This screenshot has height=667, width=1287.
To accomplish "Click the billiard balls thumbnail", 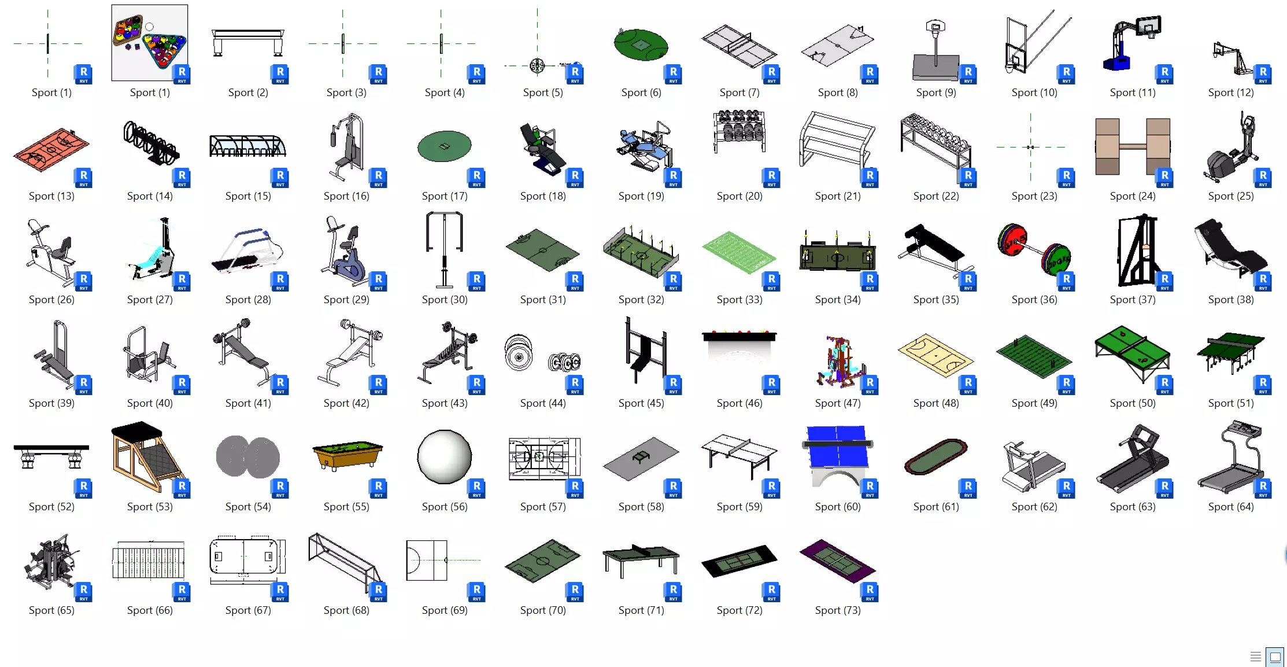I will click(149, 42).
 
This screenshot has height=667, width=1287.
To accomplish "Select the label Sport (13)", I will click(51, 196).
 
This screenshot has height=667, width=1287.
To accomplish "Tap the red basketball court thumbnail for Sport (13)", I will click(51, 149).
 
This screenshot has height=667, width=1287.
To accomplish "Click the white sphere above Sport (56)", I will click(444, 456).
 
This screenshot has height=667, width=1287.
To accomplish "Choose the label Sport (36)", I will click(1034, 300).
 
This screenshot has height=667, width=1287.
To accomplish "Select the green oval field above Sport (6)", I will click(641, 45).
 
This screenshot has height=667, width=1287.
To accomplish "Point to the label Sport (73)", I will click(837, 610).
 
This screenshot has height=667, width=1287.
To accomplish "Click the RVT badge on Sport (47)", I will click(870, 384).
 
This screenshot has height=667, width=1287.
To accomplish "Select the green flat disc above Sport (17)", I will click(444, 146).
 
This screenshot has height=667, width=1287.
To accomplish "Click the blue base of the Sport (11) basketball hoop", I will click(1116, 61).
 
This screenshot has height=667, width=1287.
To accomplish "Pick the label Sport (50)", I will click(1132, 403).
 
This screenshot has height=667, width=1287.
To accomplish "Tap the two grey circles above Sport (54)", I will click(247, 456).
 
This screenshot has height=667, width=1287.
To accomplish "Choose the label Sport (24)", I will click(1132, 196).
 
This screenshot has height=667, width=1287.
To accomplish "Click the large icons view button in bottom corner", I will click(1274, 657).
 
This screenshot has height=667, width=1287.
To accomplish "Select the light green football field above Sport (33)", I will click(738, 252).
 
